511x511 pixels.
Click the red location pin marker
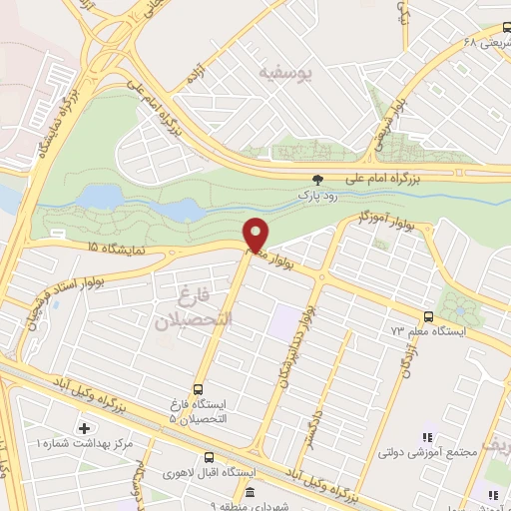pyautogui.click(x=256, y=235)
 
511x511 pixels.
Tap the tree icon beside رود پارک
pyautogui.click(x=317, y=180)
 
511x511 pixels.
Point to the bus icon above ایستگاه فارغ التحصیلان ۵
pyautogui.click(x=198, y=388)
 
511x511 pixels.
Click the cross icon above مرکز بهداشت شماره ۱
pyautogui.click(x=83, y=428)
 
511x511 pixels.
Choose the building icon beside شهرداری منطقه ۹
pyautogui.click(x=249, y=493)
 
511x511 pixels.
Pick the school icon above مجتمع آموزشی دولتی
pyautogui.click(x=426, y=437)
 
